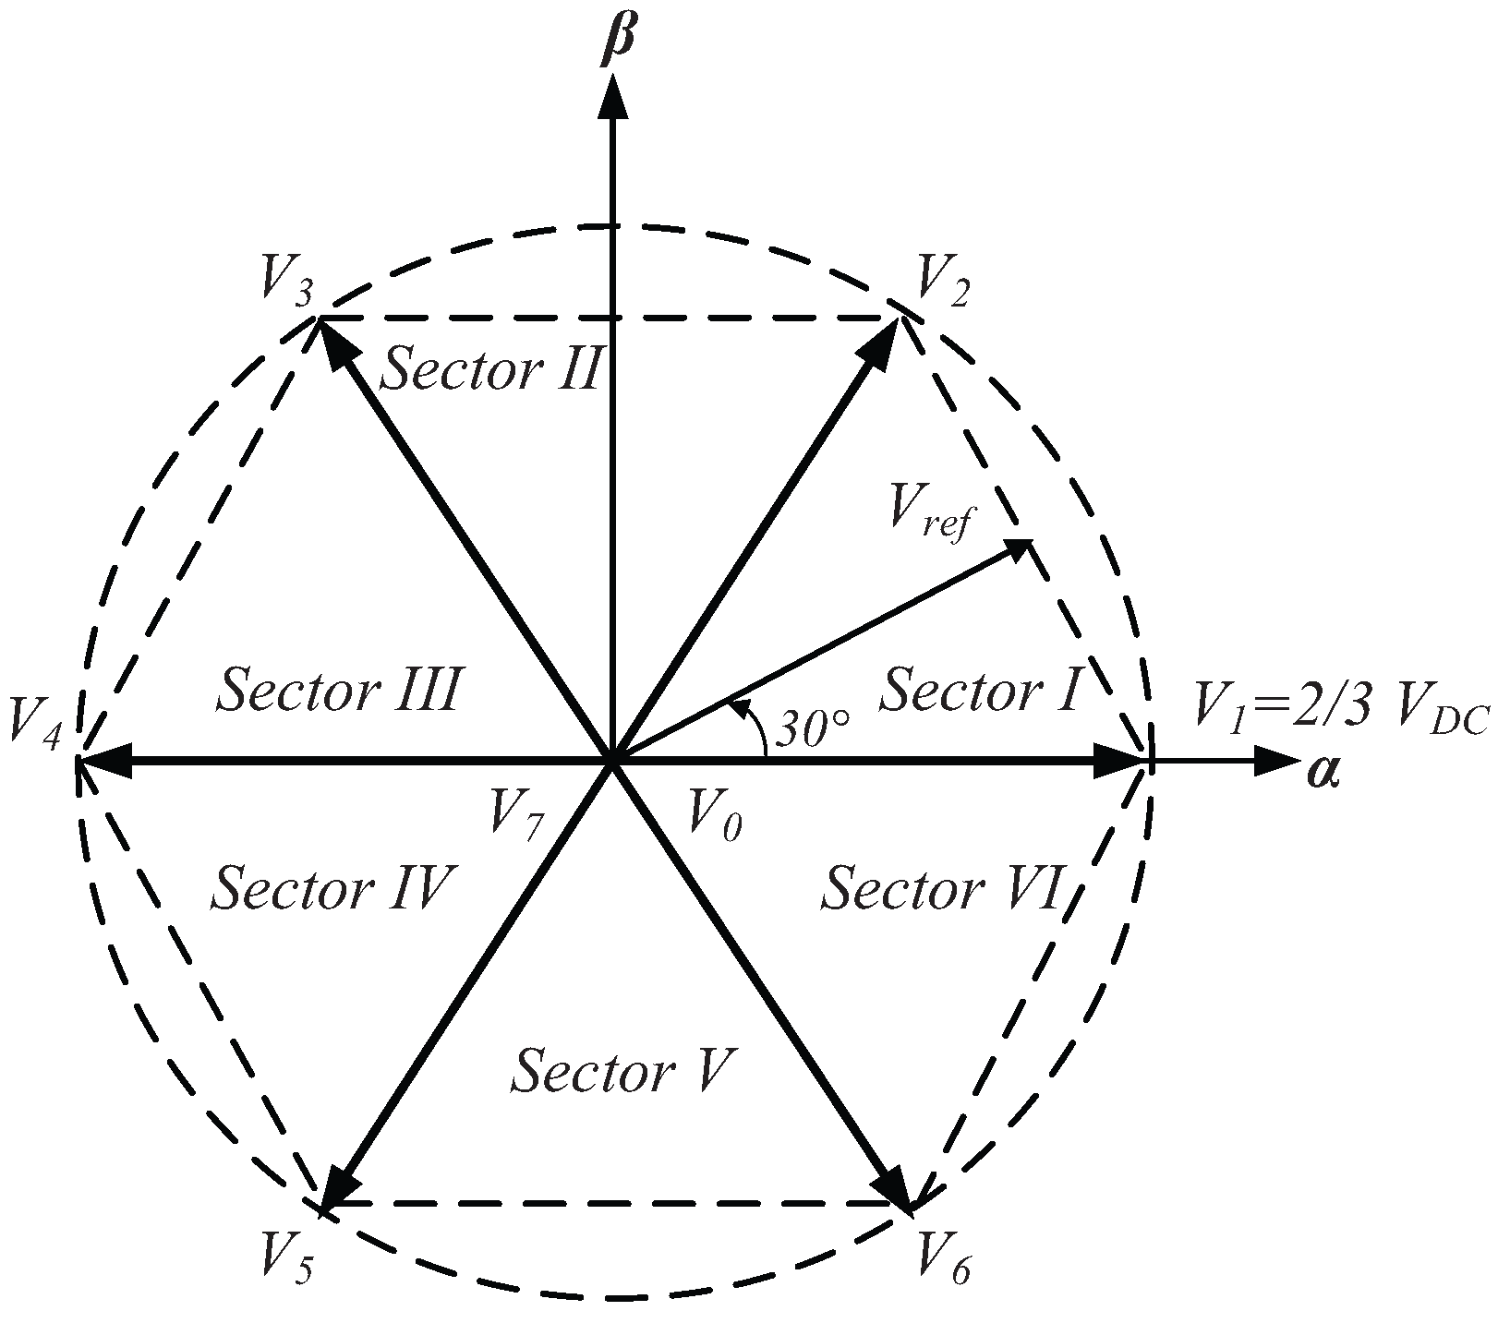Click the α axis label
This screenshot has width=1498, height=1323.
pos(1323,772)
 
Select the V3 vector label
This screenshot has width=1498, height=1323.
pos(285,281)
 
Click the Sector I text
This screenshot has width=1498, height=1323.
pos(980,691)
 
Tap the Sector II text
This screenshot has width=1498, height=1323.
pos(492,370)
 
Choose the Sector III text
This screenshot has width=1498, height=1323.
pos(337,691)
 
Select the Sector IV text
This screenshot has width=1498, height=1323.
pos(331,888)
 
